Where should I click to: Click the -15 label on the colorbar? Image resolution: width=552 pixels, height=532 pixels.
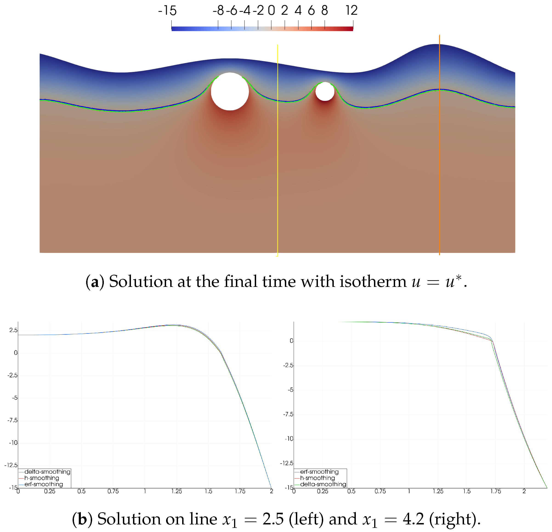pyautogui.click(x=167, y=11)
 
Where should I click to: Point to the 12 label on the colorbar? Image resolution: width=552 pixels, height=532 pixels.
pyautogui.click(x=351, y=11)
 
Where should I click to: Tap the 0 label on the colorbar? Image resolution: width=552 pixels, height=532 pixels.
pyautogui.click(x=271, y=11)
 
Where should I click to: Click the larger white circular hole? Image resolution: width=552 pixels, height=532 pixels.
pyautogui.click(x=230, y=91)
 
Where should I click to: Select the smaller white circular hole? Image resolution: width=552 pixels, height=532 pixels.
pyautogui.click(x=325, y=91)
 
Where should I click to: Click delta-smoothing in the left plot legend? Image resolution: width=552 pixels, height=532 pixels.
pyautogui.click(x=47, y=471)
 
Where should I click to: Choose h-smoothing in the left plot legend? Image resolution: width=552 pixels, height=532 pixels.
pyautogui.click(x=42, y=478)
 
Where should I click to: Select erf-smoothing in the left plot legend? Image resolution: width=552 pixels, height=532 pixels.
pyautogui.click(x=44, y=484)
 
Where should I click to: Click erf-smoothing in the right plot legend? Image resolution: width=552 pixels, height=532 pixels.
pyautogui.click(x=319, y=471)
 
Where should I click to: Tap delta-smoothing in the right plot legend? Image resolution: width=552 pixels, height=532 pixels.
pyautogui.click(x=323, y=484)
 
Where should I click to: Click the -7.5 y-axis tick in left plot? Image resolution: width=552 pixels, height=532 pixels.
pyautogui.click(x=12, y=420)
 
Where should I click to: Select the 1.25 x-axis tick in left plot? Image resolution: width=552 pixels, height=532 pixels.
pyautogui.click(x=177, y=491)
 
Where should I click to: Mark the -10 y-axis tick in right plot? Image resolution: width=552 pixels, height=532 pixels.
pyautogui.click(x=289, y=439)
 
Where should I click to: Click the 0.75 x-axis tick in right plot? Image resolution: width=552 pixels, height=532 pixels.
pyautogui.click(x=380, y=491)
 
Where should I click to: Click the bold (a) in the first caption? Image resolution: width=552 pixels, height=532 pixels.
pyautogui.click(x=95, y=282)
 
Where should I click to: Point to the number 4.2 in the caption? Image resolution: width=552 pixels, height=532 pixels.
pyautogui.click(x=413, y=519)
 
